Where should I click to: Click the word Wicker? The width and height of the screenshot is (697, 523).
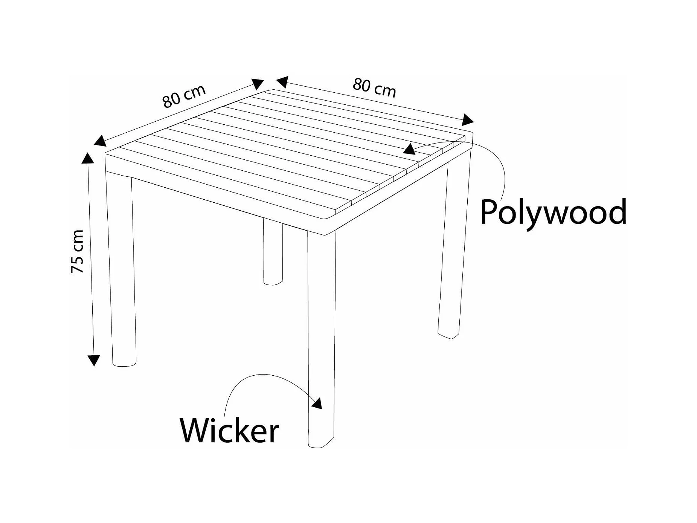[229, 430]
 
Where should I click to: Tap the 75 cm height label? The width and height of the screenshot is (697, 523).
[77, 251]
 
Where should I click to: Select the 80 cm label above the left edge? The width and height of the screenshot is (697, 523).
[184, 96]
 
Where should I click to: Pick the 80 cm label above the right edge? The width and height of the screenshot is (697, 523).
[374, 88]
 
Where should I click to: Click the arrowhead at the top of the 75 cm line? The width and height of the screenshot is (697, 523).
[88, 158]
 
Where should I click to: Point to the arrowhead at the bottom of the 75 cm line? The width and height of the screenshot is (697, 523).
[93, 360]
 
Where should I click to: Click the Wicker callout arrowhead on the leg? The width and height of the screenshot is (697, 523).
[317, 403]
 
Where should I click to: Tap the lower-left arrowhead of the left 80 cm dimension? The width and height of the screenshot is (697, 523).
[100, 141]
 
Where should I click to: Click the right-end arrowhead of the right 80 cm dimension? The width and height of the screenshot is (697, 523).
[467, 119]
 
